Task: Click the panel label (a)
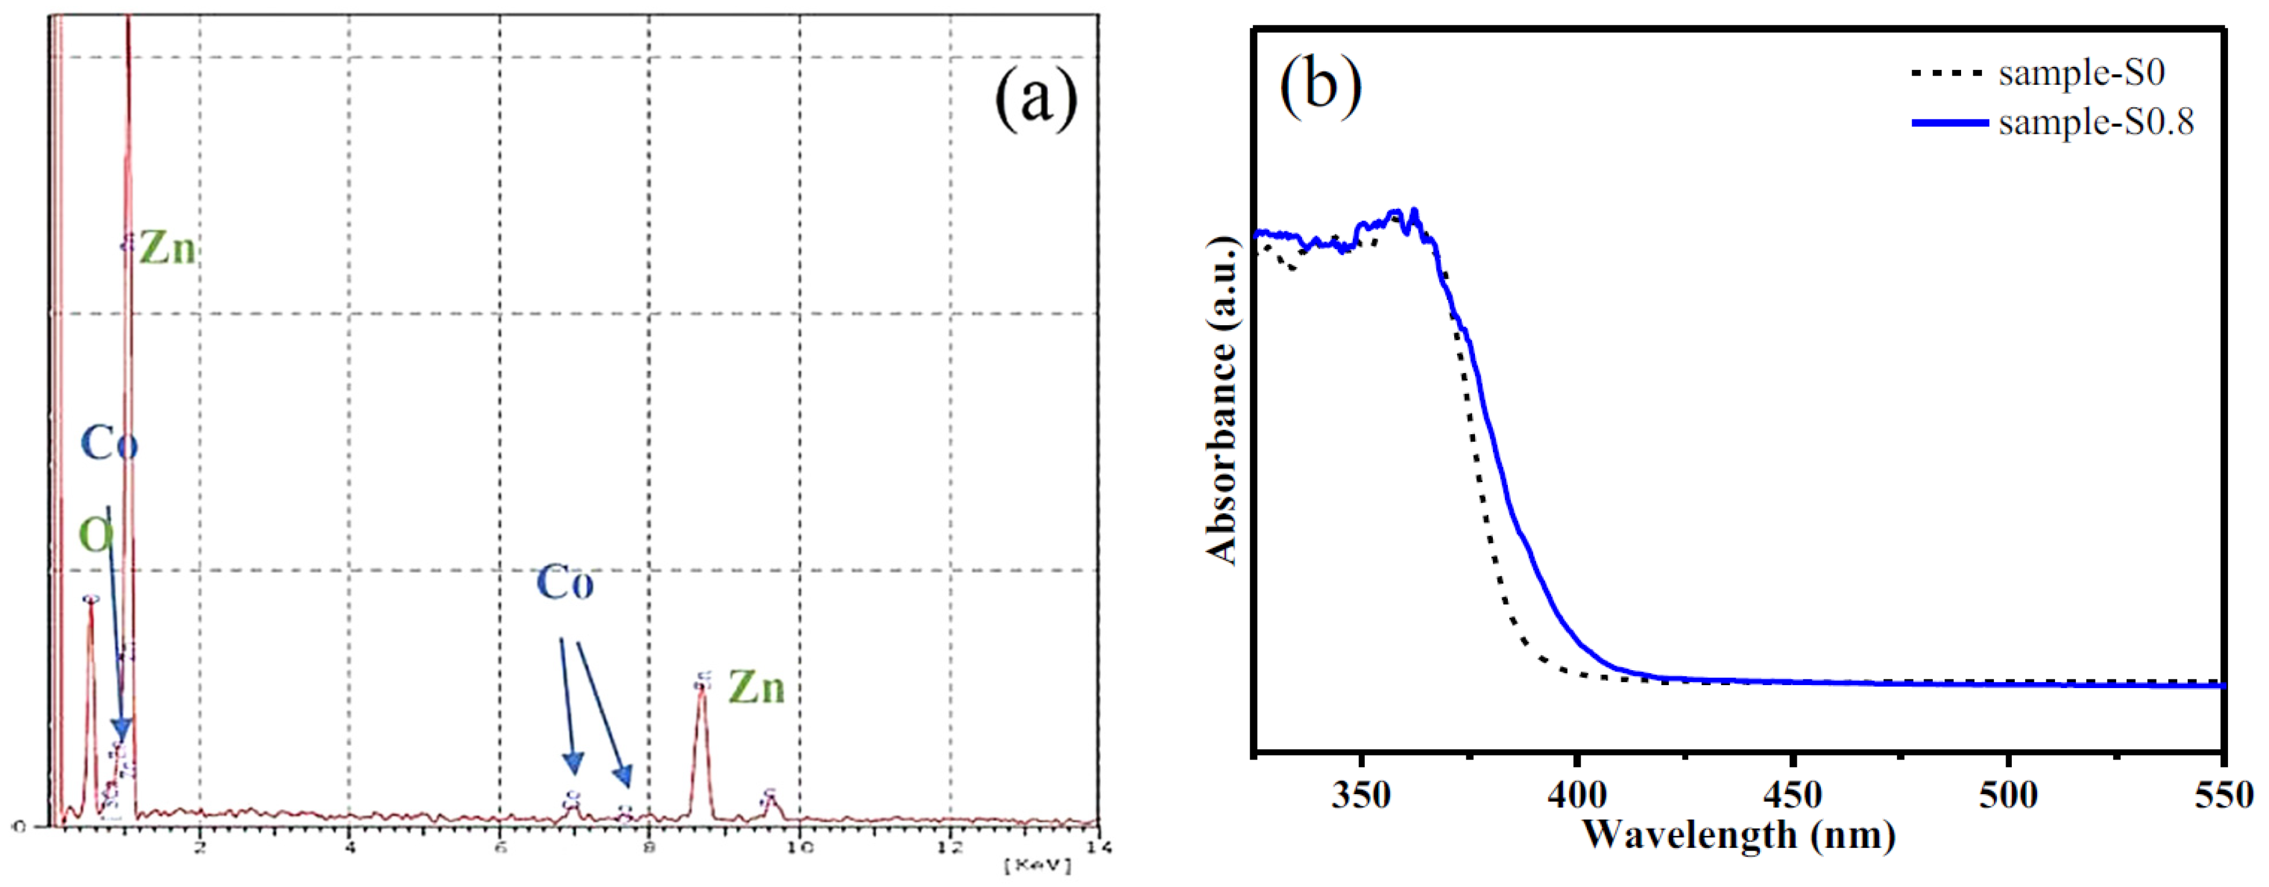click(x=1036, y=99)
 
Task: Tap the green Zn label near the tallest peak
click(x=167, y=249)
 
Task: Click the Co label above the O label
click(x=109, y=443)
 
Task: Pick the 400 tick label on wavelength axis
click(x=1576, y=795)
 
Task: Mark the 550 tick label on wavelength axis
click(x=2224, y=795)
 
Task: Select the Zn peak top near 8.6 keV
click(x=701, y=686)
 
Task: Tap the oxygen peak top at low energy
click(x=90, y=602)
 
